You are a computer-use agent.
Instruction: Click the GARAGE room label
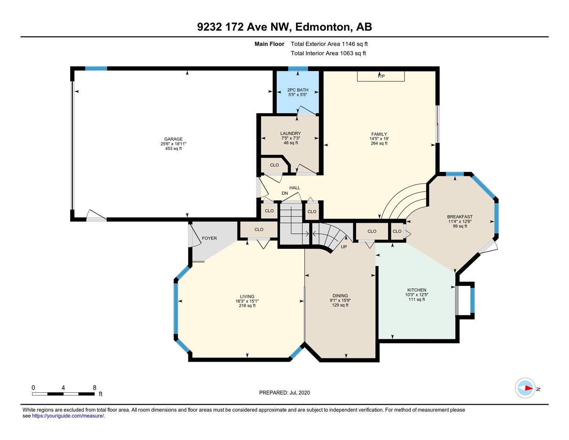173,139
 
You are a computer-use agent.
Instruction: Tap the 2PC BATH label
298,90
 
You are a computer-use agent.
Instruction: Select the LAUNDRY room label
290,133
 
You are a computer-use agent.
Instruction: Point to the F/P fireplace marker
381,76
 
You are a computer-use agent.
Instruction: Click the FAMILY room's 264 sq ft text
379,143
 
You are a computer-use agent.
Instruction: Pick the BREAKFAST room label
460,217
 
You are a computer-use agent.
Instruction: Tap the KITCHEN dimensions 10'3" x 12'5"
416,295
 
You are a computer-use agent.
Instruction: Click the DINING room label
340,296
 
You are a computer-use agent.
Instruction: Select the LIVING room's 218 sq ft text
247,306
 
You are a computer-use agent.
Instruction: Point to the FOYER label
209,238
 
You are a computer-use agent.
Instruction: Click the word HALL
295,188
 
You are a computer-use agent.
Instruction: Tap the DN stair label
284,193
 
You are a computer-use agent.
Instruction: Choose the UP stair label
344,247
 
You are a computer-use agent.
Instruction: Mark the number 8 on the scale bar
94,388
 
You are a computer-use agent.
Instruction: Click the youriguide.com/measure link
68,416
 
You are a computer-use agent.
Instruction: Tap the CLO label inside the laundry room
274,165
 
